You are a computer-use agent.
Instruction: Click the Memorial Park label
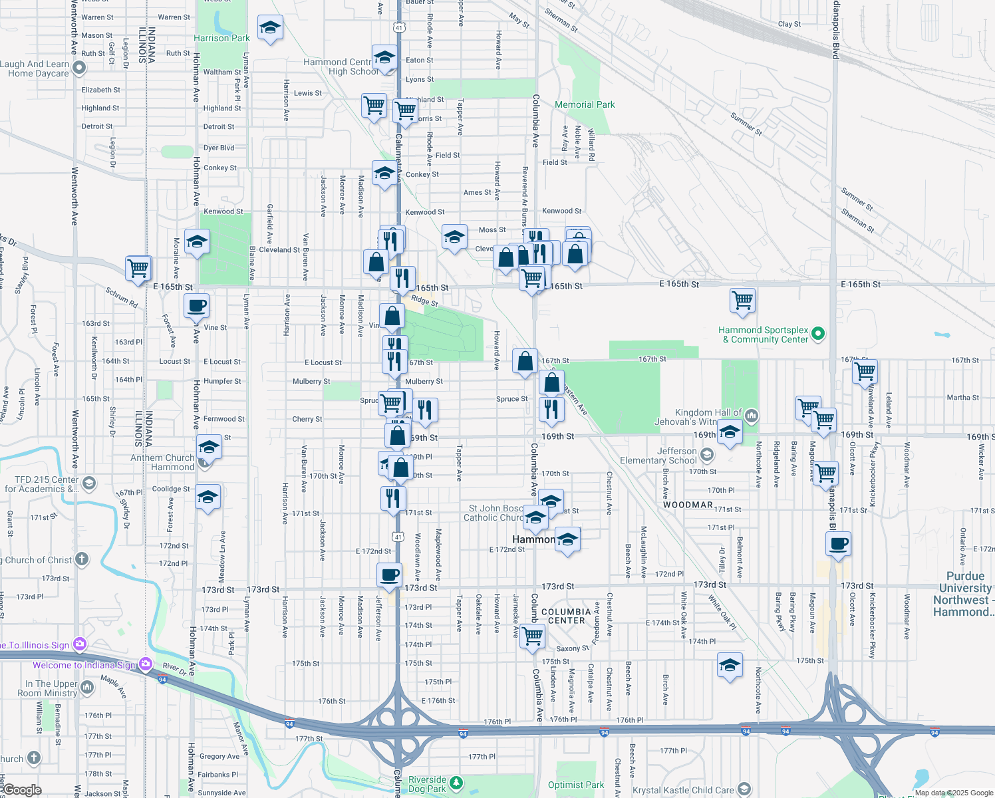pos(585,104)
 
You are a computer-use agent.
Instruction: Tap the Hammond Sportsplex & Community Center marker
pos(819,334)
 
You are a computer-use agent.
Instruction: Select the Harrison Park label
pos(221,38)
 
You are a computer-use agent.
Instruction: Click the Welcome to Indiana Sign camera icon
pos(146,664)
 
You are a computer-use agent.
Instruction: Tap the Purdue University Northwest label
pos(964,594)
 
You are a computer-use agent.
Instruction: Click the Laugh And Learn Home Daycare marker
pos(79,68)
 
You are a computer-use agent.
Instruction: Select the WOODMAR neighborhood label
pos(688,505)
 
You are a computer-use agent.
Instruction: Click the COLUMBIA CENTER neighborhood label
pos(566,616)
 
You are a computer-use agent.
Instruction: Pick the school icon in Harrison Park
pos(269,28)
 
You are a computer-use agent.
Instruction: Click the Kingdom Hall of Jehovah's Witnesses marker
pos(752,416)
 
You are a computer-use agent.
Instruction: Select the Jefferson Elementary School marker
pos(706,455)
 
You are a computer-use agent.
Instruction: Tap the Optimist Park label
pos(576,785)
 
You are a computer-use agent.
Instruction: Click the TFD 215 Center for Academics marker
pos(90,483)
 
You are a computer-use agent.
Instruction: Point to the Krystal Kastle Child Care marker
pos(744,790)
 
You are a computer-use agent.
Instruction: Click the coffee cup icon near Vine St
pos(196,307)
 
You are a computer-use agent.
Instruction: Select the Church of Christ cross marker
pos(81,559)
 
